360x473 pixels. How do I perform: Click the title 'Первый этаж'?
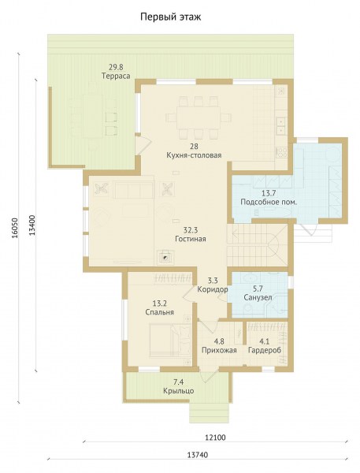171,17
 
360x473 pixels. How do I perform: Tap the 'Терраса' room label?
116,76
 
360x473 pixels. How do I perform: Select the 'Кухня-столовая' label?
194,155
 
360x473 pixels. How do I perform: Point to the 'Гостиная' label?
191,239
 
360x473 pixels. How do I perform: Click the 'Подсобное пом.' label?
269,202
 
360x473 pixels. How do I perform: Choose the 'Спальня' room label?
159,312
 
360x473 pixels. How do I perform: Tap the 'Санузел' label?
258,298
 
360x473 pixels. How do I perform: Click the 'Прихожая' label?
219,351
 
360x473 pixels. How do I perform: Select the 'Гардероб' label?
265,351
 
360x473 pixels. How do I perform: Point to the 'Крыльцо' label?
179,391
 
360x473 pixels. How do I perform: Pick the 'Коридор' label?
213,289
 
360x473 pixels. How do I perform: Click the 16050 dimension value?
15,228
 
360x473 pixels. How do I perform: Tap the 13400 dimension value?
33,225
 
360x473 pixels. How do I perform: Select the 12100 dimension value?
215,438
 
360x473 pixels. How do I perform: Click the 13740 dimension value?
198,455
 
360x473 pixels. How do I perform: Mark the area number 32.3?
191,231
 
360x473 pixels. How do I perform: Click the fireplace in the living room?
165,258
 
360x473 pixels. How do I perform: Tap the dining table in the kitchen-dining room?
199,117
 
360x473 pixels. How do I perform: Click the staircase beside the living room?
257,245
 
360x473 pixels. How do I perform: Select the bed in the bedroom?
170,341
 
